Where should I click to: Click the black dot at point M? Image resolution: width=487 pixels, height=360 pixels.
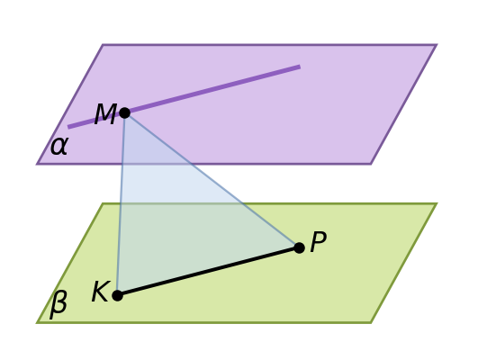[x=124, y=112]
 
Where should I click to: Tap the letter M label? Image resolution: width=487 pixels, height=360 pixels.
[x=105, y=114]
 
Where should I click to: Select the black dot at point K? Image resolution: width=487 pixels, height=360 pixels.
[x=117, y=295]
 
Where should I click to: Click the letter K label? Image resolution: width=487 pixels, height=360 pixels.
[x=101, y=291]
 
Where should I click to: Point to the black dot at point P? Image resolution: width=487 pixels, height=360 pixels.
[x=299, y=247]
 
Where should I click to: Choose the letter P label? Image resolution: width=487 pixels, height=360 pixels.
[x=318, y=241]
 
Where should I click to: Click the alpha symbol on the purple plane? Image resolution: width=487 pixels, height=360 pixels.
[x=59, y=146]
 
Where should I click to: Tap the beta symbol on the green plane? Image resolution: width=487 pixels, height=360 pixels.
[x=59, y=305]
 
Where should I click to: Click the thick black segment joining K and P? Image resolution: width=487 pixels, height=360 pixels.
[x=208, y=272]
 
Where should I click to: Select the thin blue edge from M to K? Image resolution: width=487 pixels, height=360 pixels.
[x=121, y=204]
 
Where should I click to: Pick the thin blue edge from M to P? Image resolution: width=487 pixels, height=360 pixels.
[x=212, y=180]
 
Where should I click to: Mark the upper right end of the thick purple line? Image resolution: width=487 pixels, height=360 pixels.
[x=300, y=67]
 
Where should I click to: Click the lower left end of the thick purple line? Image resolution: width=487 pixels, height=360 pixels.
[x=68, y=127]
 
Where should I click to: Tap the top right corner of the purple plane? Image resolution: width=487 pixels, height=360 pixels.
[x=437, y=45]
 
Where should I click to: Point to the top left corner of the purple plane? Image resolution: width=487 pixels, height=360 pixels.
[x=103, y=45]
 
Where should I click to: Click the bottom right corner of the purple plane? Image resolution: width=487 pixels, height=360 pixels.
[x=371, y=164]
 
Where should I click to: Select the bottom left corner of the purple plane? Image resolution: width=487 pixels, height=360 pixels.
[x=37, y=164]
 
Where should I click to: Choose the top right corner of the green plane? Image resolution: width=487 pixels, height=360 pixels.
[x=437, y=203]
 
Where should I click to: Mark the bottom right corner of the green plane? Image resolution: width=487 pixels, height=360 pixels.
[x=371, y=323]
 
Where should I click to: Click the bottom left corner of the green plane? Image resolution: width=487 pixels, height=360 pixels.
[x=37, y=323]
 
